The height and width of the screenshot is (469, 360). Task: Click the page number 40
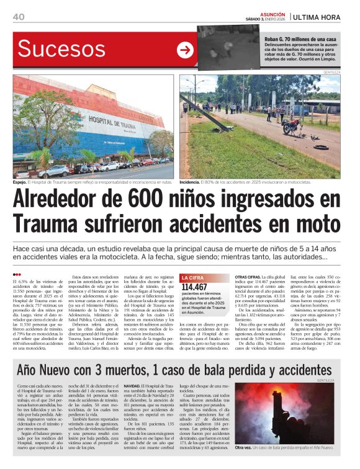tap(19, 17)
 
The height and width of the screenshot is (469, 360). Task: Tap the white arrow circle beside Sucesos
tap(185, 50)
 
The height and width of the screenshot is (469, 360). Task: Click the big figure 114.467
tap(195, 287)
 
